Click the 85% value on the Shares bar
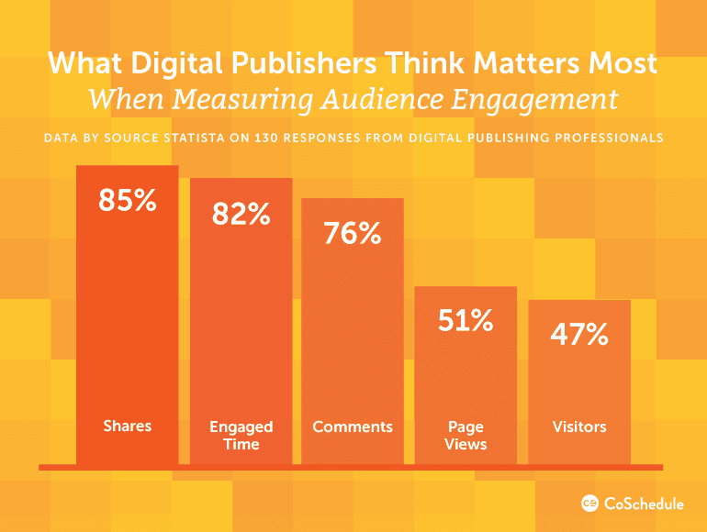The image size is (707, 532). click(128, 200)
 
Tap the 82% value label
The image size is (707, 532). click(241, 214)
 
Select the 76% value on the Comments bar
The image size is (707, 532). click(353, 233)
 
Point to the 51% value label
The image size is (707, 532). click(466, 321)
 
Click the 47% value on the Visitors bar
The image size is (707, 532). click(579, 335)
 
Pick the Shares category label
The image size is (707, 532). click(128, 426)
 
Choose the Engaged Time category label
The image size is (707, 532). click(241, 435)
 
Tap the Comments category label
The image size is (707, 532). click(353, 427)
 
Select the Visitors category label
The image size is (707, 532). click(579, 427)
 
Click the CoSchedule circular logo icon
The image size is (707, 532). click(590, 503)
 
